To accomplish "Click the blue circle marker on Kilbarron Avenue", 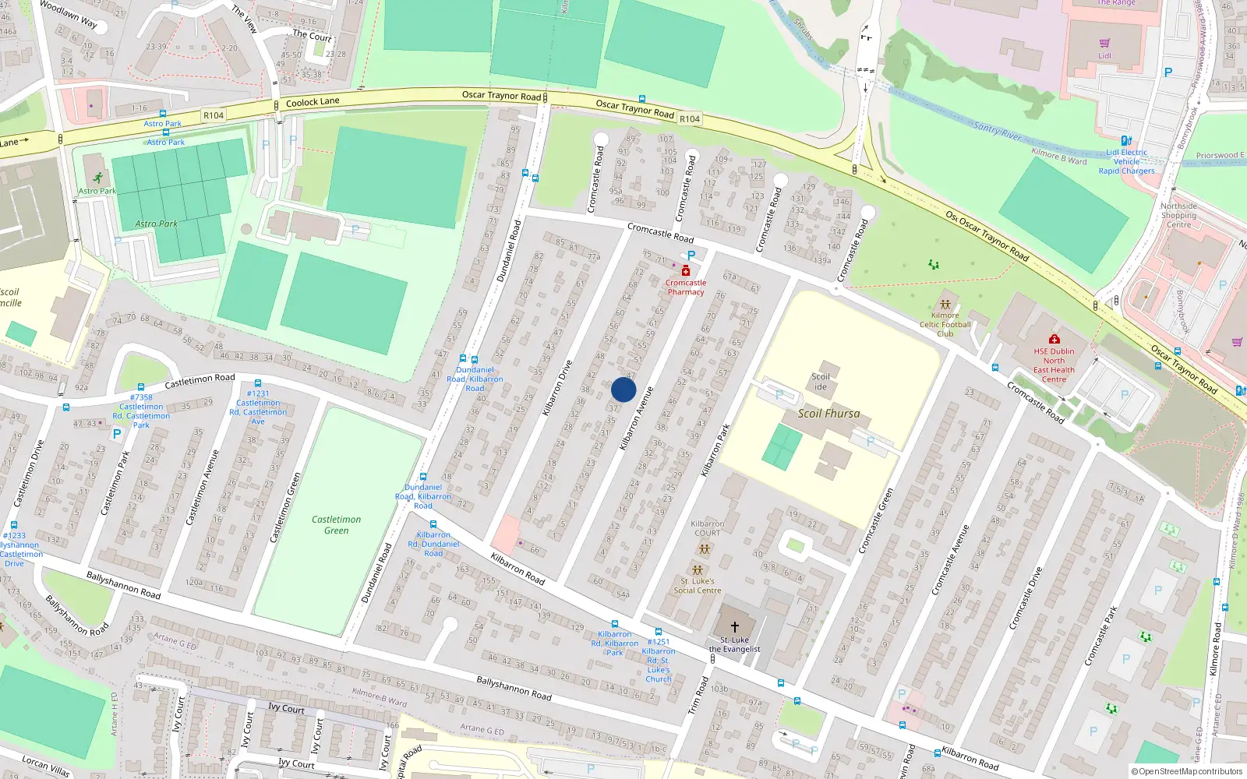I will tap(623, 389).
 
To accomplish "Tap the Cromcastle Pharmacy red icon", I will tap(686, 270).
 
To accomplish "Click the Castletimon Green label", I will tap(337, 525).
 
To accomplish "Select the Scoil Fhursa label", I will tap(828, 414).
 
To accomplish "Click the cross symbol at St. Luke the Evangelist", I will tap(734, 627).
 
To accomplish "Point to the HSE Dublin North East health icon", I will tap(1054, 339).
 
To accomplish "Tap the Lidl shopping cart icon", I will tap(1104, 44).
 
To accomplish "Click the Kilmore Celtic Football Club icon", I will tap(945, 305).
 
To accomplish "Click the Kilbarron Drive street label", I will tap(557, 387).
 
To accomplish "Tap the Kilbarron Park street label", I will tap(715, 450).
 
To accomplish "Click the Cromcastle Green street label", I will tap(875, 521).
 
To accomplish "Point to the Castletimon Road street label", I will tap(200, 380).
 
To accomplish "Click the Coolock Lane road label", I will tap(313, 102).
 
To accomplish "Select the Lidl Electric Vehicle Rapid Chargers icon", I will tap(1126, 141).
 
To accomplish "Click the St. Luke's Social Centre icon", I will tap(698, 570).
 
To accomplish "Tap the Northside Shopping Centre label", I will tap(1178, 215).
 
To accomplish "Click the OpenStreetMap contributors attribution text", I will tap(1187, 771).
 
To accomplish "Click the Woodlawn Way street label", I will tap(69, 15).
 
